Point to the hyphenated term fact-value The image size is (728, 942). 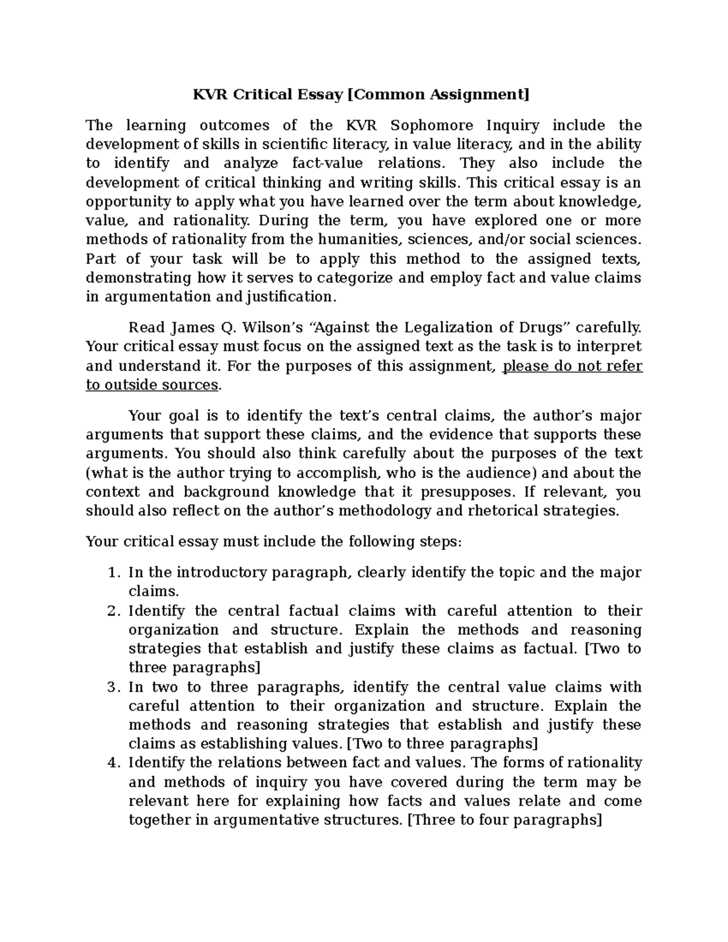[328, 163]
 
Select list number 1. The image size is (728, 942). [112, 573]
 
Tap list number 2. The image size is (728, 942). [112, 611]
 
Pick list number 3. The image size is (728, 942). [112, 687]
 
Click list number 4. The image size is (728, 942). [112, 763]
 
